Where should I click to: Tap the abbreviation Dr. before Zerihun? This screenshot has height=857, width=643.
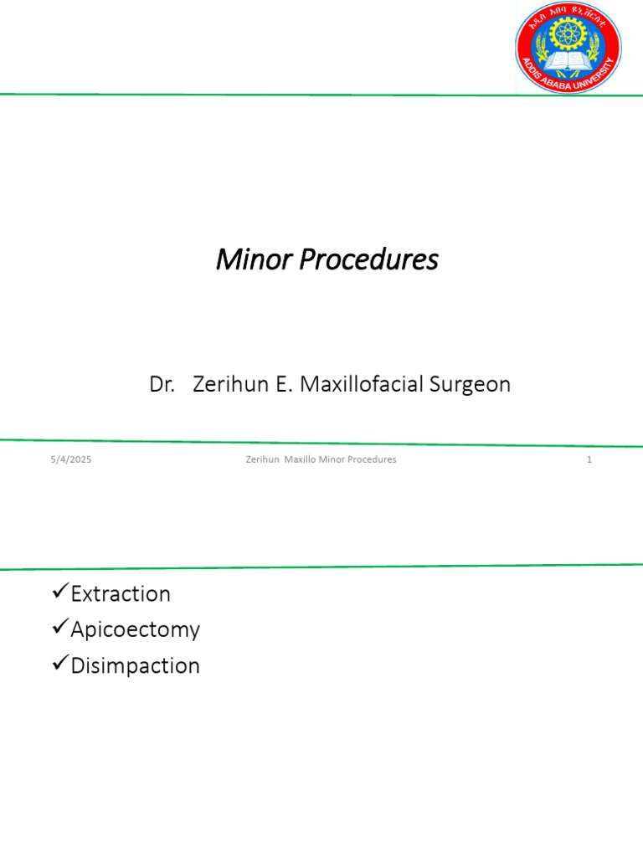162,384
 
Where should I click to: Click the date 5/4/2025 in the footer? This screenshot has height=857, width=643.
70,459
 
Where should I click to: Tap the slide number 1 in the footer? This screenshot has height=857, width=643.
589,459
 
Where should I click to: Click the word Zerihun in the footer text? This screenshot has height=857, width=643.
262,459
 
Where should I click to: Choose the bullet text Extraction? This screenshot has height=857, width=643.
121,594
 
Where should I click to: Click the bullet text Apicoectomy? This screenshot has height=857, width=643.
135,629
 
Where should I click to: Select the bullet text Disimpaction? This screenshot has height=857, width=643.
135,666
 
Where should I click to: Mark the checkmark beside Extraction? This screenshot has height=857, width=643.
59,593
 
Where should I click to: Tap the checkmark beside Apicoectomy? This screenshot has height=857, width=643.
59,628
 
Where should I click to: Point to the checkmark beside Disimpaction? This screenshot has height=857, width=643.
59,665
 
